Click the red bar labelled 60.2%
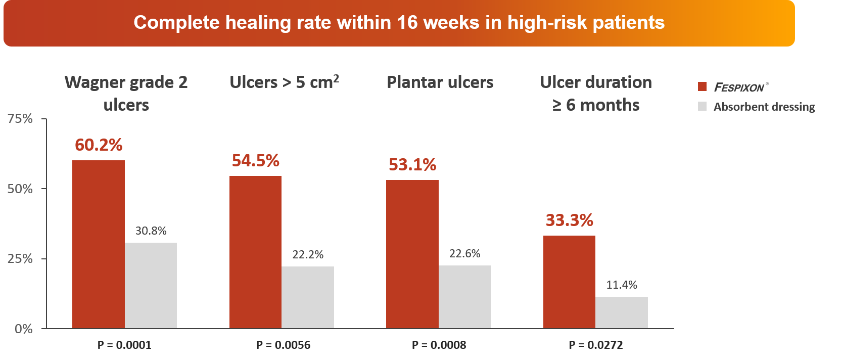(x=99, y=244)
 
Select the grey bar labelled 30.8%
(x=151, y=286)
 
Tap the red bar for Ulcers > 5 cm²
(x=255, y=252)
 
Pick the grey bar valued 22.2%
(x=308, y=297)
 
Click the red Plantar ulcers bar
(x=412, y=254)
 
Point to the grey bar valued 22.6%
(x=464, y=297)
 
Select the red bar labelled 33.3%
(x=569, y=282)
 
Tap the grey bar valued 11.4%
(x=622, y=312)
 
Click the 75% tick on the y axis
(x=20, y=119)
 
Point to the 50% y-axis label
(x=20, y=189)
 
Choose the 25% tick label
(x=20, y=259)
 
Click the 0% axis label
(x=23, y=329)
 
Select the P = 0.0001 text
(x=124, y=345)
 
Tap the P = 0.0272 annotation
(x=596, y=345)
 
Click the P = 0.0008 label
(x=439, y=345)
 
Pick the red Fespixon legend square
(x=702, y=86)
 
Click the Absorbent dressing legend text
(x=764, y=107)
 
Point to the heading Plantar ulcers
(x=440, y=82)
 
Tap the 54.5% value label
(x=255, y=161)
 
